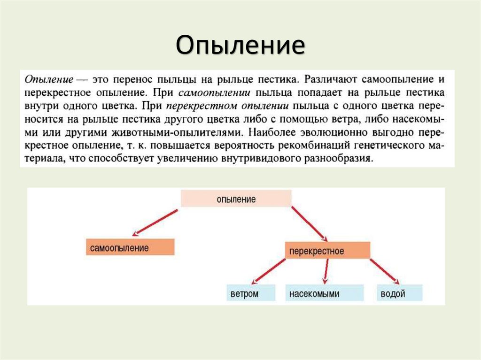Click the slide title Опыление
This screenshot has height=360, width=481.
point(240,46)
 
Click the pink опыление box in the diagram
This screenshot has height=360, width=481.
point(236,199)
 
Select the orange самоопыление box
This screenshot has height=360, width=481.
point(130,247)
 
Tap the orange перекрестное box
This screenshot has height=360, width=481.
point(327,251)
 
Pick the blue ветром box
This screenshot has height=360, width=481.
point(244,294)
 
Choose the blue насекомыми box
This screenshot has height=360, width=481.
point(325,294)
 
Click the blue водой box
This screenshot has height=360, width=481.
point(399,294)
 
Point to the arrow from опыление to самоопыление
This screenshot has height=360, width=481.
point(156,220)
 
